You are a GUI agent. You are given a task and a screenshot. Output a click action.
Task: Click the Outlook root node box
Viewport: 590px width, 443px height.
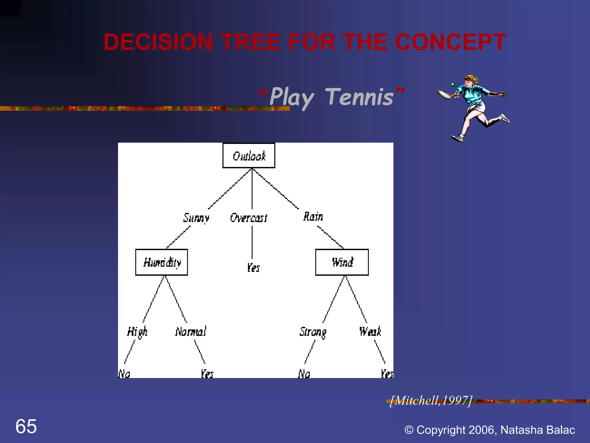point(249,156)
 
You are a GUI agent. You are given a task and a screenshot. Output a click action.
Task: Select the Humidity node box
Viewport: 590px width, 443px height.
point(162,262)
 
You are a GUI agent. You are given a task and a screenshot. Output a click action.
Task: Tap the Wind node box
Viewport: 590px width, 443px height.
point(342,262)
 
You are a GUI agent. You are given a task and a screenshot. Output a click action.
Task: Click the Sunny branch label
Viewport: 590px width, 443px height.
point(196,218)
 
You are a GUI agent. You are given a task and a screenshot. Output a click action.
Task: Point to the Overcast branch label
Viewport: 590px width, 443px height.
point(249,218)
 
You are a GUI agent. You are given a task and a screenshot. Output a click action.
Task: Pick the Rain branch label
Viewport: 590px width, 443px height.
point(313,217)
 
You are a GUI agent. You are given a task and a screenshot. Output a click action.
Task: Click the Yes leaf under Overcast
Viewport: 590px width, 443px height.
point(253,268)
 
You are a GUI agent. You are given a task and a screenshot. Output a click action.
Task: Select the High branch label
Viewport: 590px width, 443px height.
point(137,332)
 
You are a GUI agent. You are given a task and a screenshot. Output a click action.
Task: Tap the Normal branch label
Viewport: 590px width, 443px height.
point(191,332)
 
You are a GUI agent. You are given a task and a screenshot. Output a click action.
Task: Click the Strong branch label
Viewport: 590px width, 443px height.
point(313,332)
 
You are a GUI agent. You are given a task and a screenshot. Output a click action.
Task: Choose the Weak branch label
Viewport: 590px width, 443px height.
point(370,332)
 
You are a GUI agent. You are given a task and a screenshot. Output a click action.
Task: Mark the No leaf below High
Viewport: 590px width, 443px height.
point(124,374)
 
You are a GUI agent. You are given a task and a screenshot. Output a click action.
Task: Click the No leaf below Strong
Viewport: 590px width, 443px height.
point(304,374)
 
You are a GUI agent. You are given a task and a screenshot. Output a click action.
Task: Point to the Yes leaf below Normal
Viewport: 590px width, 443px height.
point(207,374)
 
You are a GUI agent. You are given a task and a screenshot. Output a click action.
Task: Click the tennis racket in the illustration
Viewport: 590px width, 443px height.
point(445,94)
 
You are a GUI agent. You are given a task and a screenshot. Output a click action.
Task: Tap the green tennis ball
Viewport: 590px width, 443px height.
point(453,85)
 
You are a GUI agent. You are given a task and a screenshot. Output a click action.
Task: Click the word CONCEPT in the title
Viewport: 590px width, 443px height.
point(450,42)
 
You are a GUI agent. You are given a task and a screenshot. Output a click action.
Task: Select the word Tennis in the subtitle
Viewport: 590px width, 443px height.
point(360,97)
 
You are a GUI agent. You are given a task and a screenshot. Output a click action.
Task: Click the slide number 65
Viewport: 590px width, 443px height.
point(26,426)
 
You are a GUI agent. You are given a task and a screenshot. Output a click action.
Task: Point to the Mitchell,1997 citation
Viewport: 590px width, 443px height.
point(431,401)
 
